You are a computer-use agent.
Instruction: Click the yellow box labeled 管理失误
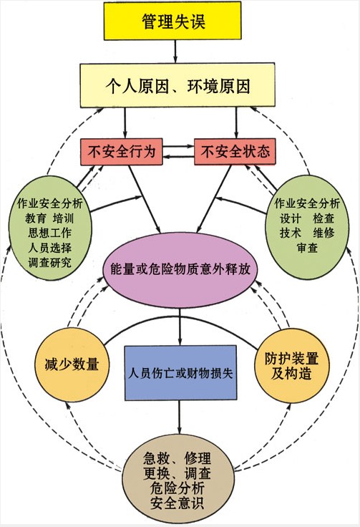(x=172, y=21)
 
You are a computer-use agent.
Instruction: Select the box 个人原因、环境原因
(x=177, y=86)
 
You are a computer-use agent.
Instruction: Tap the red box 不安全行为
(x=122, y=152)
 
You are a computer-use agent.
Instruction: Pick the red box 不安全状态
(x=235, y=152)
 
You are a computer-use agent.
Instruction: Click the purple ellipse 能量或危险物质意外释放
(x=180, y=269)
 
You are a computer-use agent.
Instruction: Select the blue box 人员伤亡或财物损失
(x=180, y=373)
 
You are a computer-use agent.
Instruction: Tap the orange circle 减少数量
(x=72, y=364)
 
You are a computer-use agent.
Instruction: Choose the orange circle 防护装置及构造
(x=291, y=365)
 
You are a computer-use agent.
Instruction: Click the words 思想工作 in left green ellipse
(x=49, y=233)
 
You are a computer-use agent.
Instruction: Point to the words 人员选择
(x=49, y=248)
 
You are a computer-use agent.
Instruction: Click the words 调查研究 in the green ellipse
(x=49, y=263)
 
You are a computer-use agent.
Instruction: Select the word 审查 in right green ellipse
(x=307, y=248)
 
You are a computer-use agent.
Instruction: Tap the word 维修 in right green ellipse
(x=323, y=233)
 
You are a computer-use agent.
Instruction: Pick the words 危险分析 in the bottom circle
(x=177, y=488)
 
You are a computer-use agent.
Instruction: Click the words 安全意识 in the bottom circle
(x=177, y=503)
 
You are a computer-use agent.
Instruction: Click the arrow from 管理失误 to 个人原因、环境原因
(x=175, y=52)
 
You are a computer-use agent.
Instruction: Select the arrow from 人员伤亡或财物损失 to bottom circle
(x=179, y=417)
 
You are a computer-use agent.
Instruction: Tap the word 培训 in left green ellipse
(x=63, y=218)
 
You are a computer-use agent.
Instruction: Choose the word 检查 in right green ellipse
(x=323, y=218)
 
